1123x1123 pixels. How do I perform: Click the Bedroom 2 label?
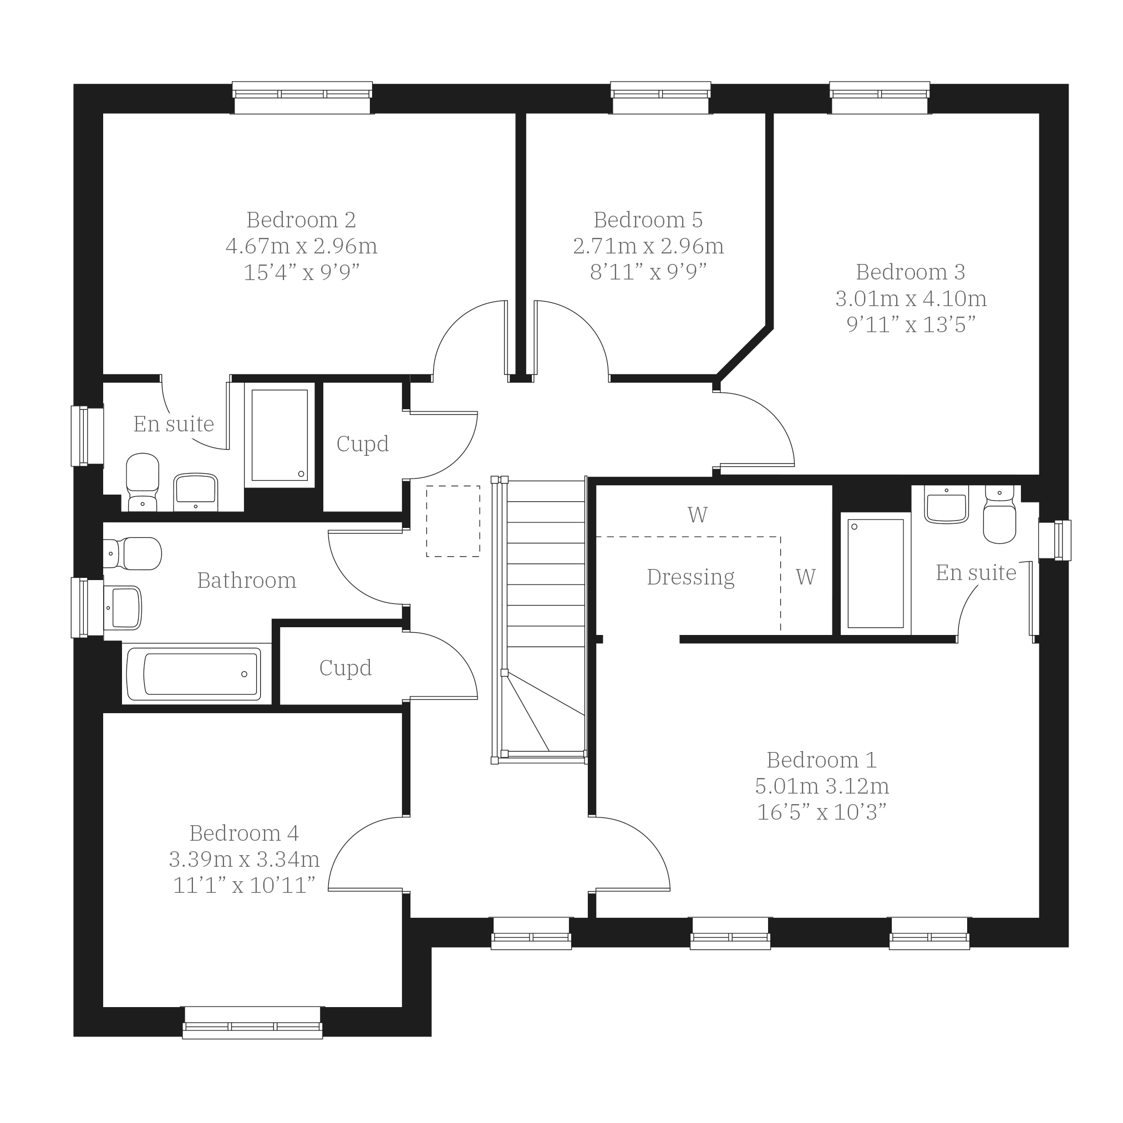[301, 220]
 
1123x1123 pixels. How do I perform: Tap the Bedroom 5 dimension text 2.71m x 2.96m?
[648, 246]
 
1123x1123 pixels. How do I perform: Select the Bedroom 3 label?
[910, 272]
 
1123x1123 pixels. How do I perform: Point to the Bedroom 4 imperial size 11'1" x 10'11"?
[244, 885]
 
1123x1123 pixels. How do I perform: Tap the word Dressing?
[690, 577]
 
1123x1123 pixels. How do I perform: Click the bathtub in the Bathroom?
[194, 674]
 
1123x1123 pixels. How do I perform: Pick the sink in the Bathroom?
[123, 608]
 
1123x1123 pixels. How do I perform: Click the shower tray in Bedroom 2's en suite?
[280, 435]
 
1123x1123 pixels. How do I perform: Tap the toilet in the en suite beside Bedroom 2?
[143, 482]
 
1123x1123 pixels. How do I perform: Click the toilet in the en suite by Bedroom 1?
[999, 515]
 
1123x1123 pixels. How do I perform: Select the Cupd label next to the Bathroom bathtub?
[345, 668]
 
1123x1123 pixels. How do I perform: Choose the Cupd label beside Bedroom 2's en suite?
[362, 444]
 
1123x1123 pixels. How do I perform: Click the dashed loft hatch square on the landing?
[453, 521]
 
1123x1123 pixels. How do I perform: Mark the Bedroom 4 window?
[252, 1023]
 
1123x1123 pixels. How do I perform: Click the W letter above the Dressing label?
[698, 515]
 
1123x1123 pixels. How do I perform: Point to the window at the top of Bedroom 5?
[660, 98]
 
